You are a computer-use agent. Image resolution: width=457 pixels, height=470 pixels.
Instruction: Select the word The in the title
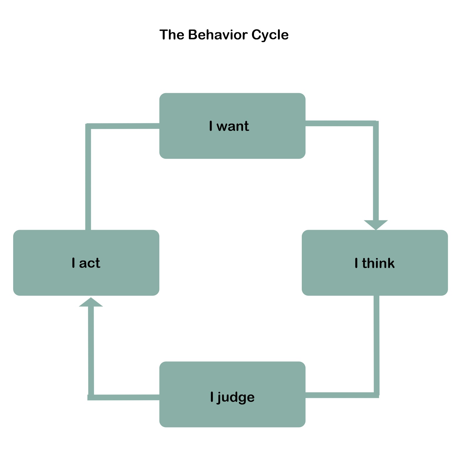tap(172, 35)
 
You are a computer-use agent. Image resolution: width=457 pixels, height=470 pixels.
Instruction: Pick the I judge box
tap(232, 414)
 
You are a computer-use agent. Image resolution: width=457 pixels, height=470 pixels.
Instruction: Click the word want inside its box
tap(232, 126)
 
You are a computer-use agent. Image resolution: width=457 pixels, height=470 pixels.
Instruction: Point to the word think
tap(378, 263)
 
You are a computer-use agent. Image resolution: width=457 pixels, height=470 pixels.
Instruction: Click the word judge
tap(236, 397)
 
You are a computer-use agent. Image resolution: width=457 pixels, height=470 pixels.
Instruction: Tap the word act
tap(90, 263)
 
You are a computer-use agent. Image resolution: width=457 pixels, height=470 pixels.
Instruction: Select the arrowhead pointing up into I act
tap(91, 302)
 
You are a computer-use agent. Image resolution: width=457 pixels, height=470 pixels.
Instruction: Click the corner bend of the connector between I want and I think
tap(376, 123)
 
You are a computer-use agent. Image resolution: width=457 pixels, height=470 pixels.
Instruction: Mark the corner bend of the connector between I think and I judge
tap(376, 395)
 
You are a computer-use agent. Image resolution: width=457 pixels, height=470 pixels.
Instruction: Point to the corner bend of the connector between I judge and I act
tap(91, 397)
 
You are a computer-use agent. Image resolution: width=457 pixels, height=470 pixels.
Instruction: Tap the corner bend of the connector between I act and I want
tap(88, 126)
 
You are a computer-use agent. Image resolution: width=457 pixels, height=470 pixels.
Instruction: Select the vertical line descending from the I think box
tap(376, 344)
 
